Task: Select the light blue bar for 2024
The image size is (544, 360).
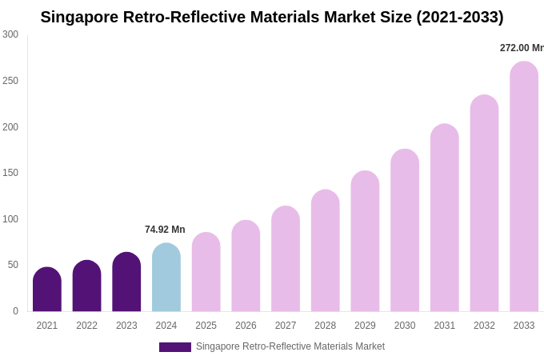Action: [x=166, y=278]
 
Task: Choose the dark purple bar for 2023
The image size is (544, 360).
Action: [x=126, y=282]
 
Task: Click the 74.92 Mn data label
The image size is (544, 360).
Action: [x=165, y=230]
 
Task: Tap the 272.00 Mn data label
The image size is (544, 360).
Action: [x=521, y=48]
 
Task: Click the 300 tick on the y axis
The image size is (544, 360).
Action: [x=10, y=34]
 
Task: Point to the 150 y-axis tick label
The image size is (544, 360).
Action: [x=10, y=173]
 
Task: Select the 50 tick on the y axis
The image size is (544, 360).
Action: [x=13, y=265]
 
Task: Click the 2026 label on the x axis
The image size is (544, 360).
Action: [x=246, y=326]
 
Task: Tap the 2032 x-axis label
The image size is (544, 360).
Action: [x=484, y=326]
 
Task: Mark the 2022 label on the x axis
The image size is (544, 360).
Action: [x=86, y=326]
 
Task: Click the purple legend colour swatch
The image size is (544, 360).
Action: [x=174, y=347]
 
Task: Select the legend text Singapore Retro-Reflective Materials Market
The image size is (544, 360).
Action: [x=290, y=346]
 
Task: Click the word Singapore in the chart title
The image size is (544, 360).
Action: [x=78, y=17]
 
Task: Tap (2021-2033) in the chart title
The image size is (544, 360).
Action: [x=460, y=17]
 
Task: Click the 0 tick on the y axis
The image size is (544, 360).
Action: [x=15, y=311]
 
